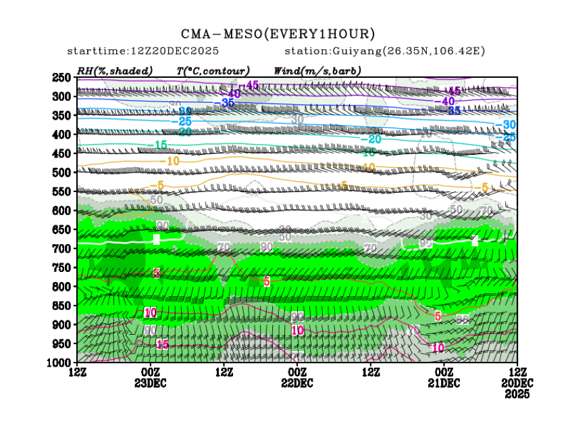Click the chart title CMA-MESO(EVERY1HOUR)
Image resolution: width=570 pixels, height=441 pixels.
coord(278,33)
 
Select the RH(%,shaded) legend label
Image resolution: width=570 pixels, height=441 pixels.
coord(115,70)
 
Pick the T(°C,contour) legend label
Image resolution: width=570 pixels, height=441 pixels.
coord(213,70)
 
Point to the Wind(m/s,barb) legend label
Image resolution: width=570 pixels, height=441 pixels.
coord(317,70)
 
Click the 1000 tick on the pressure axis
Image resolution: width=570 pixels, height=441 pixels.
coord(59,363)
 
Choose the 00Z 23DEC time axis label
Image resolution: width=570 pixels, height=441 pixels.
coord(151,377)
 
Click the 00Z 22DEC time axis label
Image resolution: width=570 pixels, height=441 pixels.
coord(297,377)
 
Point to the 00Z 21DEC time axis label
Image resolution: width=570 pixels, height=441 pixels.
coord(444,377)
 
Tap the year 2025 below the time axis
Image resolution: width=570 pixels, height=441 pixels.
coord(517,394)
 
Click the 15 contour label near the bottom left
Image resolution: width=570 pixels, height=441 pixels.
coord(162,344)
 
